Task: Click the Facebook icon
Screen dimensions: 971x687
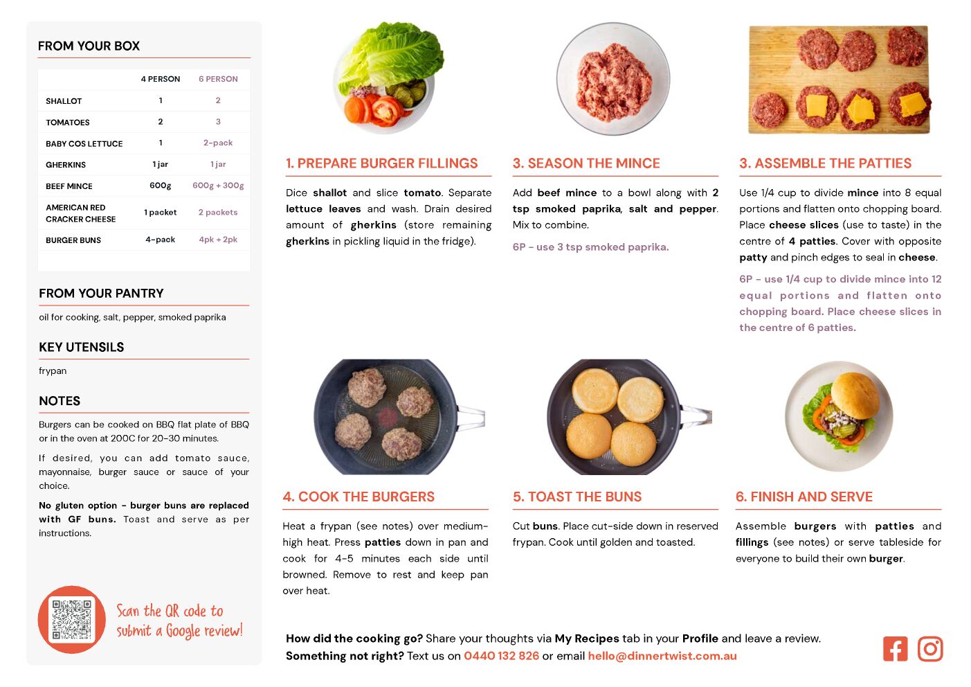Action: tap(895, 649)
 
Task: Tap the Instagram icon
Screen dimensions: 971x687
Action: tap(930, 649)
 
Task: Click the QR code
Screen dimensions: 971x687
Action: tap(71, 619)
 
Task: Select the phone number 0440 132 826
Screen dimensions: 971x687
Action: tap(501, 656)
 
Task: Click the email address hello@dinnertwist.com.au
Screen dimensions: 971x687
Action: tap(662, 656)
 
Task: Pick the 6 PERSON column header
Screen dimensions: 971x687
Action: tap(218, 79)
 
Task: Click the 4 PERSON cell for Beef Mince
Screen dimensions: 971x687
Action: tap(161, 186)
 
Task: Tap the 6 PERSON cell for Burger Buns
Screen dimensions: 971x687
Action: tap(218, 240)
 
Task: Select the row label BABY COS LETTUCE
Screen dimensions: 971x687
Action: tap(84, 143)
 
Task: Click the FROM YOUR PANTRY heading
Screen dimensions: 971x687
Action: tap(101, 294)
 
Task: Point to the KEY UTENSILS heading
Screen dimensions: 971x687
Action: tap(82, 347)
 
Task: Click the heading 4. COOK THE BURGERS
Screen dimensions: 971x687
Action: tap(359, 497)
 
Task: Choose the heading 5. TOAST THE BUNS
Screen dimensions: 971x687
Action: tap(577, 497)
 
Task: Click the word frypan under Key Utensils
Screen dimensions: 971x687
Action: tap(53, 371)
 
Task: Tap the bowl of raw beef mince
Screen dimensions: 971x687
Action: tap(613, 79)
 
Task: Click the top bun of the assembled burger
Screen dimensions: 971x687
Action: tap(855, 395)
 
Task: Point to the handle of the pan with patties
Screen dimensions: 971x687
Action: tap(471, 417)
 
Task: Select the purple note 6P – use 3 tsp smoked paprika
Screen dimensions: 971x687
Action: tap(590, 247)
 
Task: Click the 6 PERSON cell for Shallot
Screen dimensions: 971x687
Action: tap(218, 100)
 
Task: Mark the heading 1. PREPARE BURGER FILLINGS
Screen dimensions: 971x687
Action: tap(381, 163)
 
